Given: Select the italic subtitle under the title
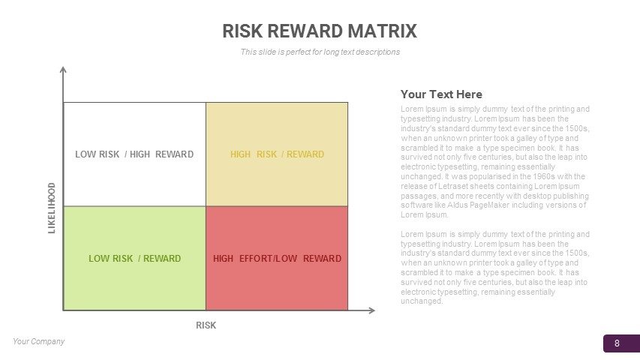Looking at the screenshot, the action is pos(320,52).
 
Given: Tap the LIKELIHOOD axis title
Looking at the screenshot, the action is pos(52,208).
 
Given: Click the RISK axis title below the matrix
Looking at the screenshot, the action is pos(206,325).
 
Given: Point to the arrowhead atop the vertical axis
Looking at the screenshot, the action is pos(63,70).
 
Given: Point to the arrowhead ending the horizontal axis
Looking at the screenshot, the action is pos(371,310).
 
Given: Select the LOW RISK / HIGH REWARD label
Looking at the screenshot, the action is pos(134,154).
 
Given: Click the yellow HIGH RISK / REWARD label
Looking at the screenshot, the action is pos(277,154).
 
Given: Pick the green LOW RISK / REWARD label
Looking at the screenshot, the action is pos(135,258).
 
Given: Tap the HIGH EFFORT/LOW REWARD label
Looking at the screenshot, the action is pos(277,258).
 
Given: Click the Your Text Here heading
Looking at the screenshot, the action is pos(441,94).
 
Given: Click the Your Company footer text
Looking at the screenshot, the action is pos(39,341).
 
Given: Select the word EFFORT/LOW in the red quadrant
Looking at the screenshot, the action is pos(268,258).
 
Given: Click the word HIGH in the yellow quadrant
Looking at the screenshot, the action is pos(240,154).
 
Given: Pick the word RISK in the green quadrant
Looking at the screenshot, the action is pos(122,258).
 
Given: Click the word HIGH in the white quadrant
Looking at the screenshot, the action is pos(140,154).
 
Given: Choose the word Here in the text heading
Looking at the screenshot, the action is pos(470,94).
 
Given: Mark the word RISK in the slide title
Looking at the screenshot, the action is pos(242,31).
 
